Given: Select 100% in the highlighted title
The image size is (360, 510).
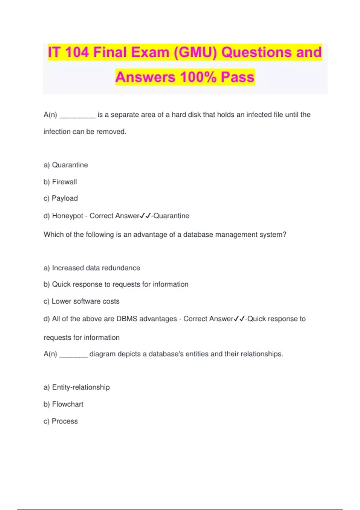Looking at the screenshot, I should [198, 77].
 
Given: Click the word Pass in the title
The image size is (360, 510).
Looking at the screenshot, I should [238, 77].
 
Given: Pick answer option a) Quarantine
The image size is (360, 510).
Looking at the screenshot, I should [66, 165].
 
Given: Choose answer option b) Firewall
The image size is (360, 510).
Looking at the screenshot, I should [60, 182].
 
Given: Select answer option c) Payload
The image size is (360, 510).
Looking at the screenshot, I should [61, 198].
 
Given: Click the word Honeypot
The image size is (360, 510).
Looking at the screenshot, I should [67, 216].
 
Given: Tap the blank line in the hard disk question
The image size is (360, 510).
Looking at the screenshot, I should [77, 116].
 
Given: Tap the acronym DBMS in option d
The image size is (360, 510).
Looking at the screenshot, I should [127, 319].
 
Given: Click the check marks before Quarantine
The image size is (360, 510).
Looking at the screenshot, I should [145, 216].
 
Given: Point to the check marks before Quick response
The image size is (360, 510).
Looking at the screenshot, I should [239, 319].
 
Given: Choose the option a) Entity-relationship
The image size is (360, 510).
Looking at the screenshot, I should [77, 387].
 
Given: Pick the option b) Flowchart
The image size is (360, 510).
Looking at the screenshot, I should [64, 404].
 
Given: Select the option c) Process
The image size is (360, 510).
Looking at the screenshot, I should [61, 421].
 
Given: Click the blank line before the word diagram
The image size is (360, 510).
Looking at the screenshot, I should [73, 356].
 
